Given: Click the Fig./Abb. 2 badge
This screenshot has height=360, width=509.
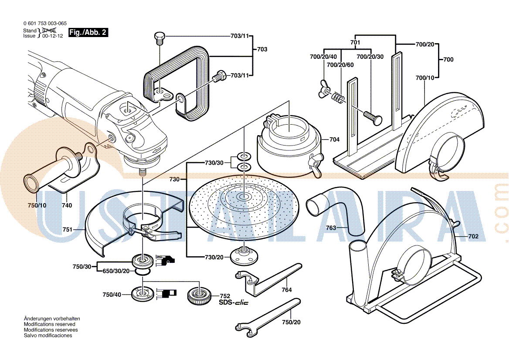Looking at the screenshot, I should point(88,33).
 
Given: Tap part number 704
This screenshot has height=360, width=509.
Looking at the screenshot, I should point(334,140).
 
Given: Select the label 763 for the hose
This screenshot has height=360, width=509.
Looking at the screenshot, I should point(331,227).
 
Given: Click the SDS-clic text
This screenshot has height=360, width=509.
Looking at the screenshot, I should point(233,302).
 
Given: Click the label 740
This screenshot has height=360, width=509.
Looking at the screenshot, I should point(67,205).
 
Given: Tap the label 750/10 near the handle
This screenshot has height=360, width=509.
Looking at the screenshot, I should point(36,205).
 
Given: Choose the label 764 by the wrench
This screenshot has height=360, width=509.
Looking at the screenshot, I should point(286,290).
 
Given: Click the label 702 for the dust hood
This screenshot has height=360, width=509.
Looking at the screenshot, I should point(473,236).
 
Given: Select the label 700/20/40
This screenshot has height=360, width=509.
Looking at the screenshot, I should point(323,57).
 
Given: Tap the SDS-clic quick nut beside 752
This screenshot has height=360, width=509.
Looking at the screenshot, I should point(200,297).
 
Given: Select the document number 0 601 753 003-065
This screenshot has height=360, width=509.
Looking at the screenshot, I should point(45,24).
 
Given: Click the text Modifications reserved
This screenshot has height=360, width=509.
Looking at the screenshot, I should point(49,324).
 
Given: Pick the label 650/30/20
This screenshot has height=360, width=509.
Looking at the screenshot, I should point(116,271).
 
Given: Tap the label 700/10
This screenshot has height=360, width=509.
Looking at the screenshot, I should point(425,78).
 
